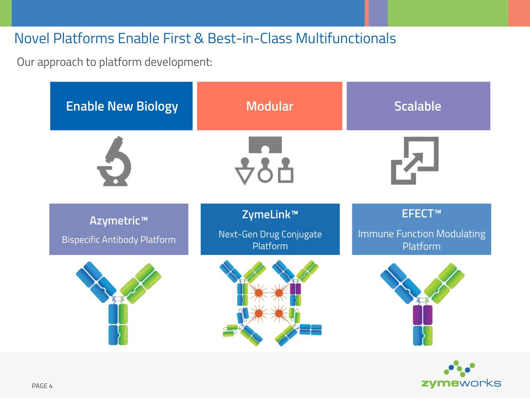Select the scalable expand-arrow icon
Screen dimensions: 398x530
click(414, 160)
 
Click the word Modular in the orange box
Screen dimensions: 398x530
click(270, 106)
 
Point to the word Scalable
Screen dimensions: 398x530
click(417, 106)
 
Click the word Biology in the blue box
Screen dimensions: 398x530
click(157, 107)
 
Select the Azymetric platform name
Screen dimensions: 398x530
click(115, 220)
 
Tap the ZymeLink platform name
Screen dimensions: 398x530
click(267, 214)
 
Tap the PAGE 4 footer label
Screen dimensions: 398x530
click(42, 386)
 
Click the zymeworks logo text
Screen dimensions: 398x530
click(461, 383)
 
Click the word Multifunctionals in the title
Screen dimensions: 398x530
click(346, 39)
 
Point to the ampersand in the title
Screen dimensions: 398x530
click(199, 39)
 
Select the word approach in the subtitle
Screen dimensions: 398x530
click(60, 62)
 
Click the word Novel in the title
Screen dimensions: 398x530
click(31, 39)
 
